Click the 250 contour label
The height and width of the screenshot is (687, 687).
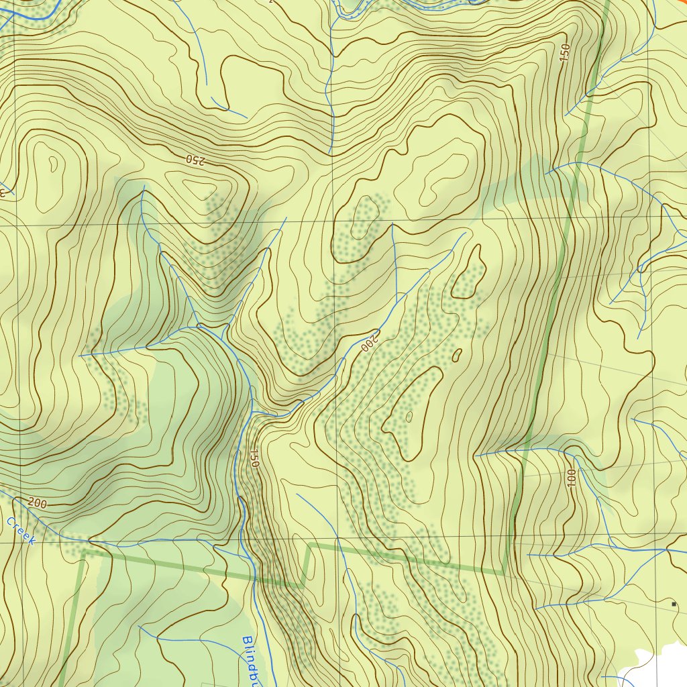pos(194,160)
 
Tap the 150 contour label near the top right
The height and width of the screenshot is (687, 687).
pos(565,53)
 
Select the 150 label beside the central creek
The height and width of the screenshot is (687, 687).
pos(254,458)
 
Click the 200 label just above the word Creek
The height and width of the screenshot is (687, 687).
pos(38,503)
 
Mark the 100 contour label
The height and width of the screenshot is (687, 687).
pos(571,478)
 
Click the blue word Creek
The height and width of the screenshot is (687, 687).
pos(20,530)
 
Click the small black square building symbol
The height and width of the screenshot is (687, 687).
pos(673,604)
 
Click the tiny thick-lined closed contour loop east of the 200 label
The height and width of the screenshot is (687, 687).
pos(458,354)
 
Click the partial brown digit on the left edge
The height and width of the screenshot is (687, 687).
pos(2,191)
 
